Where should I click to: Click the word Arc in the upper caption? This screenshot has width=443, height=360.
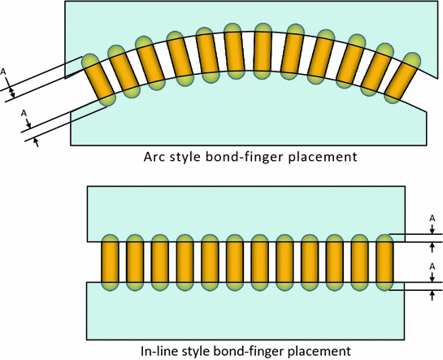(154, 156)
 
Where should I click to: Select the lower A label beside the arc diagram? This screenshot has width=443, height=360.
(23, 113)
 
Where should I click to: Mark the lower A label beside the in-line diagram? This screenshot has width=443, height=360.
(432, 266)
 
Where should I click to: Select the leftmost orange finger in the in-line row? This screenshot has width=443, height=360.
(110, 262)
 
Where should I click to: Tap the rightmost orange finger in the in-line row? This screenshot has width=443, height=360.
(384, 262)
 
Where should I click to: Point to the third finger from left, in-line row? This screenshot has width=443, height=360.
(160, 262)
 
